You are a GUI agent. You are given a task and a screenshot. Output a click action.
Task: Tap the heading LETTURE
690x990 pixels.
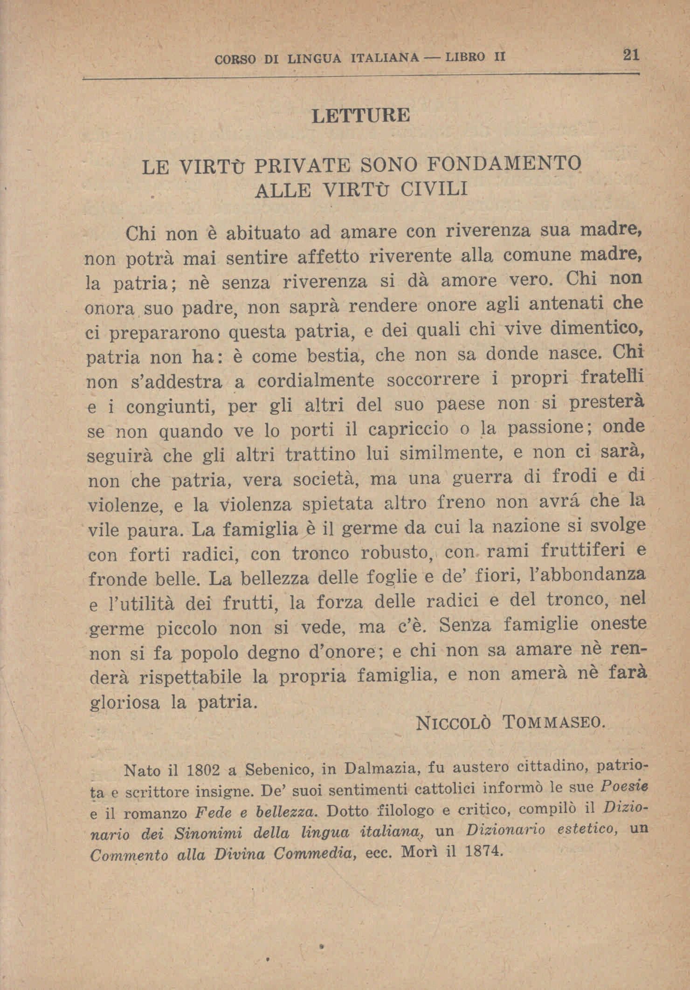[x=360, y=116]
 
